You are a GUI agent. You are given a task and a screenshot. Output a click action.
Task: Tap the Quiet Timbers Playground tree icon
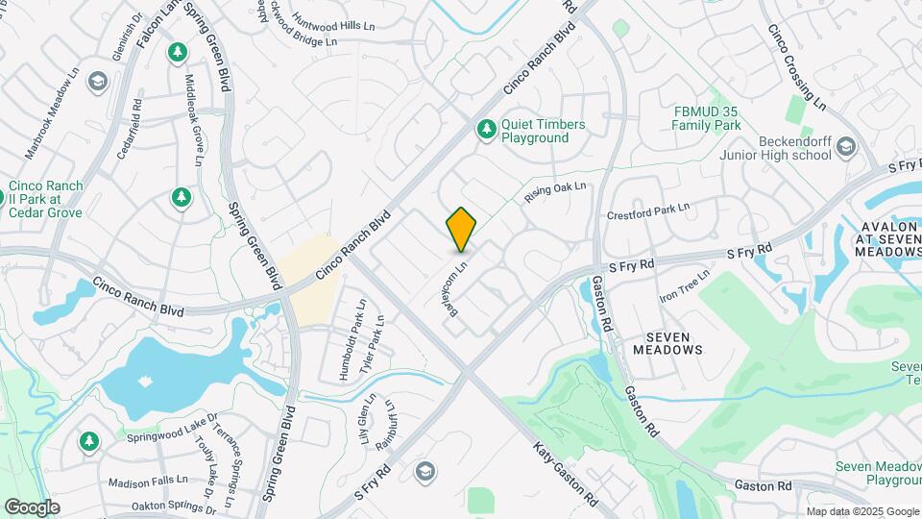pos(487,129)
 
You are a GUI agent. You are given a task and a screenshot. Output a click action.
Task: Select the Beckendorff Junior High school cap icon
pos(845,146)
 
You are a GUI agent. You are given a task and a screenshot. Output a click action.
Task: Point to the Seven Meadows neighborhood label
pos(674,343)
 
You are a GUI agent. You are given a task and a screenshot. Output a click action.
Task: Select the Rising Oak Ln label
pos(555,193)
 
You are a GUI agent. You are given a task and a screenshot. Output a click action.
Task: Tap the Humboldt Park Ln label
pos(347,341)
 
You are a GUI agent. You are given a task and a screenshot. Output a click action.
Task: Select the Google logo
pos(32,507)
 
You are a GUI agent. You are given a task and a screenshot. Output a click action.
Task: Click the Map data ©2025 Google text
pos(862,511)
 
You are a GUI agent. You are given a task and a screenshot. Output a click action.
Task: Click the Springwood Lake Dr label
pos(173,430)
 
